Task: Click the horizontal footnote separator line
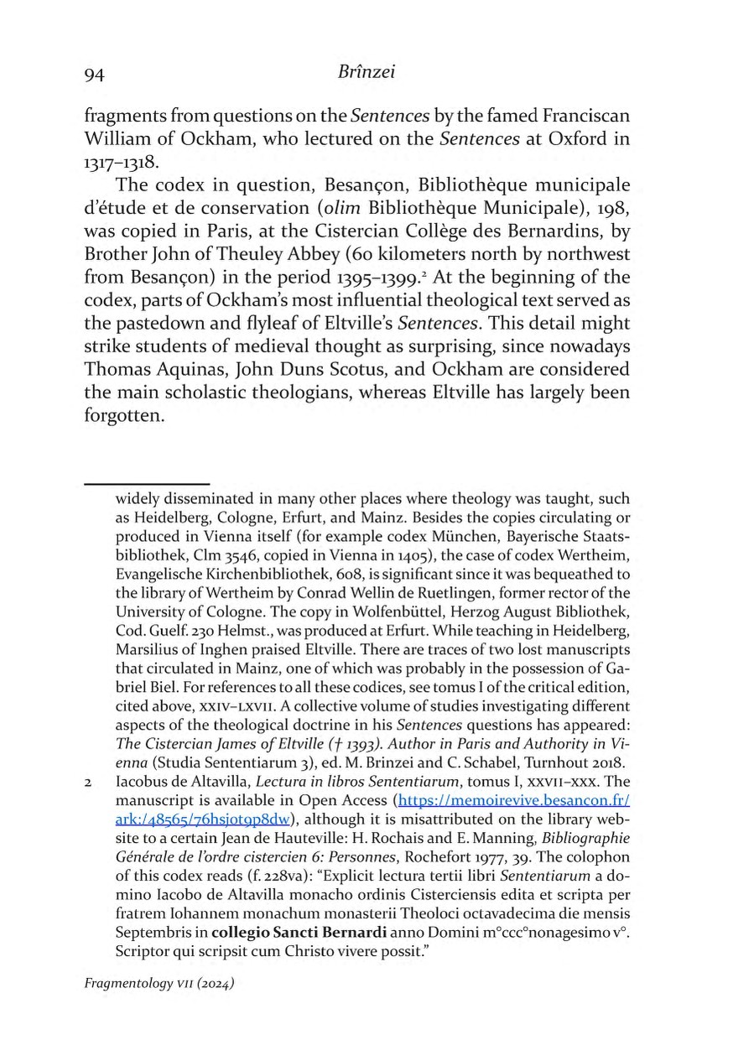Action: click(146, 484)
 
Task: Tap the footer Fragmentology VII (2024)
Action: click(159, 983)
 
